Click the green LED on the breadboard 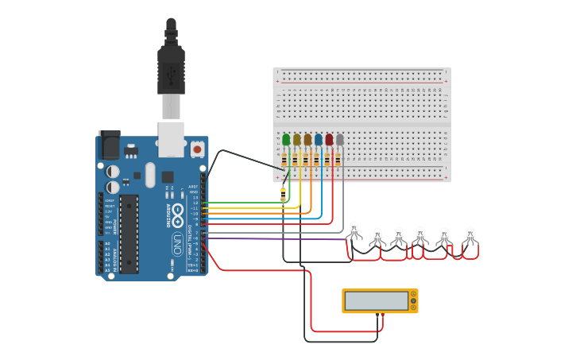[286, 140]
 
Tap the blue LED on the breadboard [318, 140]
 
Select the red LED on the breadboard [329, 140]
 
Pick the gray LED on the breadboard [339, 140]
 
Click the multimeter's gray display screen [377, 300]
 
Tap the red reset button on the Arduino [197, 148]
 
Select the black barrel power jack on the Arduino [109, 144]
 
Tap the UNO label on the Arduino [177, 242]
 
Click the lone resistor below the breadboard [284, 195]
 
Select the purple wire [278, 238]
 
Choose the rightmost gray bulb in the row [470, 236]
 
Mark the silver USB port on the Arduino [171, 138]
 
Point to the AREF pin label [193, 186]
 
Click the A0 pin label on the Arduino [107, 243]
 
